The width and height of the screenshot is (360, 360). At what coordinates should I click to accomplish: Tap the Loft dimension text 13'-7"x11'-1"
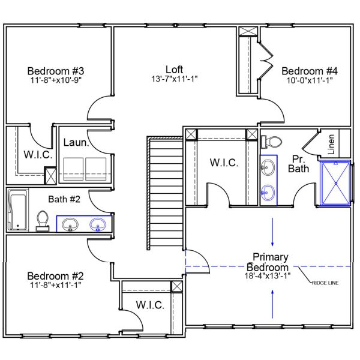(175, 79)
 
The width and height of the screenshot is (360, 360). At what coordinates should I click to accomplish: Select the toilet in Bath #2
(43, 220)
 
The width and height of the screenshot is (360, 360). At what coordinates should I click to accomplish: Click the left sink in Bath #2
(71, 225)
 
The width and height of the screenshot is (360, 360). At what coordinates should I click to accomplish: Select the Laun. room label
(77, 143)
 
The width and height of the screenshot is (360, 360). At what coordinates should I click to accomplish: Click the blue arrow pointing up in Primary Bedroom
(272, 303)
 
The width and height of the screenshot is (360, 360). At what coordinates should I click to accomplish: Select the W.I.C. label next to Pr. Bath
(223, 163)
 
